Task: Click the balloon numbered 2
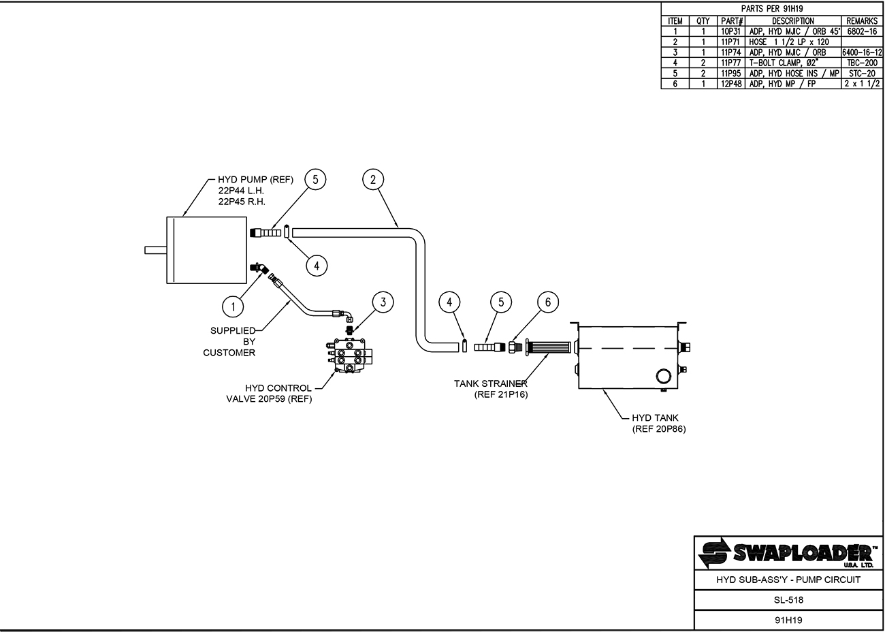pos(373,180)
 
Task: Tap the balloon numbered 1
pos(233,306)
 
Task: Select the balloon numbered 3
pos(383,302)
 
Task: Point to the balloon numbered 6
pos(548,302)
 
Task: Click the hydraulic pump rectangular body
pos(207,250)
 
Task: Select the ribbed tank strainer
pos(549,347)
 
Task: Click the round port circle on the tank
pos(663,376)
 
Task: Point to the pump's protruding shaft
pos(156,250)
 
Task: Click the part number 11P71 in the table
pos(730,42)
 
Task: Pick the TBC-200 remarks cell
pos(862,63)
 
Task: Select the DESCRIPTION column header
pos(793,21)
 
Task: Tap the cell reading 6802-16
pos(862,31)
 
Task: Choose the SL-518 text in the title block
pos(788,599)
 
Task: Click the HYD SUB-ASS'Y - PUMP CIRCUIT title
pos(788,580)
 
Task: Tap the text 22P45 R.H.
pos(242,202)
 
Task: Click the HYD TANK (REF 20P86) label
pos(659,424)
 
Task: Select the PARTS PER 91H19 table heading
pos(771,9)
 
